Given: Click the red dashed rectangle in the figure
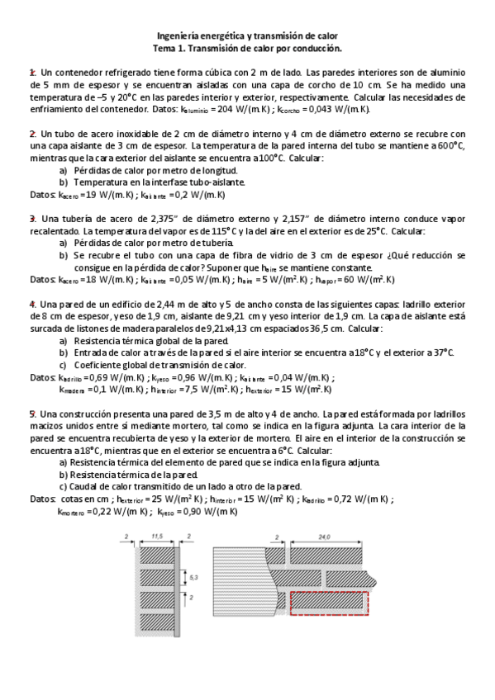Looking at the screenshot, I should point(328,603).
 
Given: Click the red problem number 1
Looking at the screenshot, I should point(32,73).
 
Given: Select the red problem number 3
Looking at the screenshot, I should point(32,218).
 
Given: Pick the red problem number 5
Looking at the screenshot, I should point(32,412).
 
